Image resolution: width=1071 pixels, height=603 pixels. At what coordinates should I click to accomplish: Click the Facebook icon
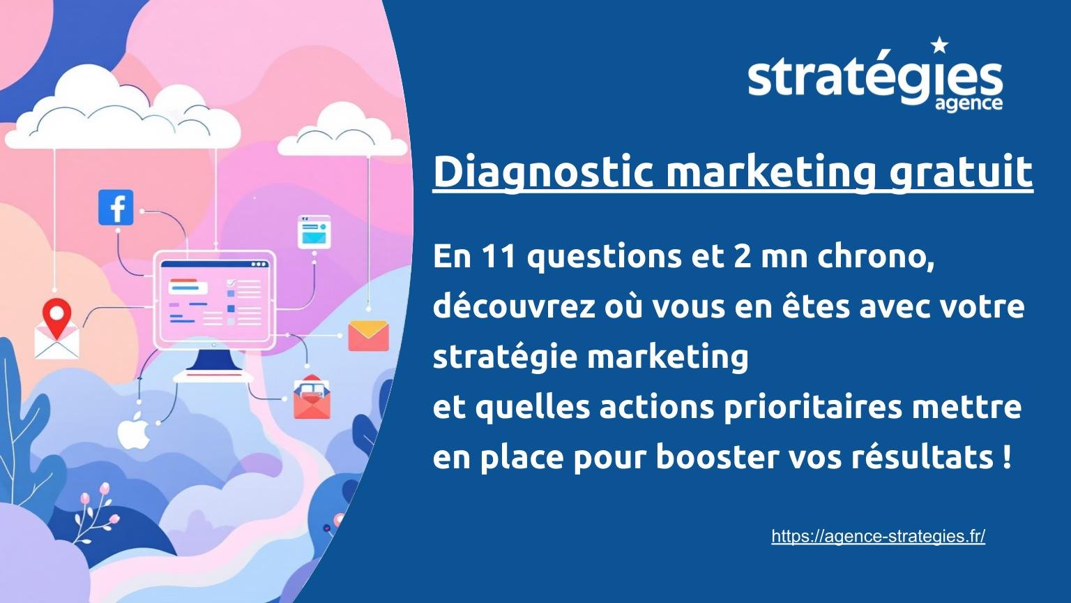click(116, 207)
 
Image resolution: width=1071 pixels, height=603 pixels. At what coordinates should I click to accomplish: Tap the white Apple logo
click(134, 431)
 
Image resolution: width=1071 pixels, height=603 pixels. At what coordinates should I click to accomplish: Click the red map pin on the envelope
click(57, 316)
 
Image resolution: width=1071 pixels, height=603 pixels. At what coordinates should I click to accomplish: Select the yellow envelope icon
click(367, 335)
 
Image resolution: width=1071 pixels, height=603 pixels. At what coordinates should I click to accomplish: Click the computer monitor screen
click(215, 299)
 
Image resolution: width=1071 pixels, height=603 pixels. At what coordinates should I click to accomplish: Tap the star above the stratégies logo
click(939, 46)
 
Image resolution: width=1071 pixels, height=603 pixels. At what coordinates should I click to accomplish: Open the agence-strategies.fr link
click(878, 536)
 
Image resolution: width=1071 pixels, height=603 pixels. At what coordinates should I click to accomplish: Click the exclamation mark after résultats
click(1005, 457)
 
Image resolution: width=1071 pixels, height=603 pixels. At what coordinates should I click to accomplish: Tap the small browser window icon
click(314, 231)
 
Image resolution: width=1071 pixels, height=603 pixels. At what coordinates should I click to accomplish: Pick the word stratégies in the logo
click(874, 78)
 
